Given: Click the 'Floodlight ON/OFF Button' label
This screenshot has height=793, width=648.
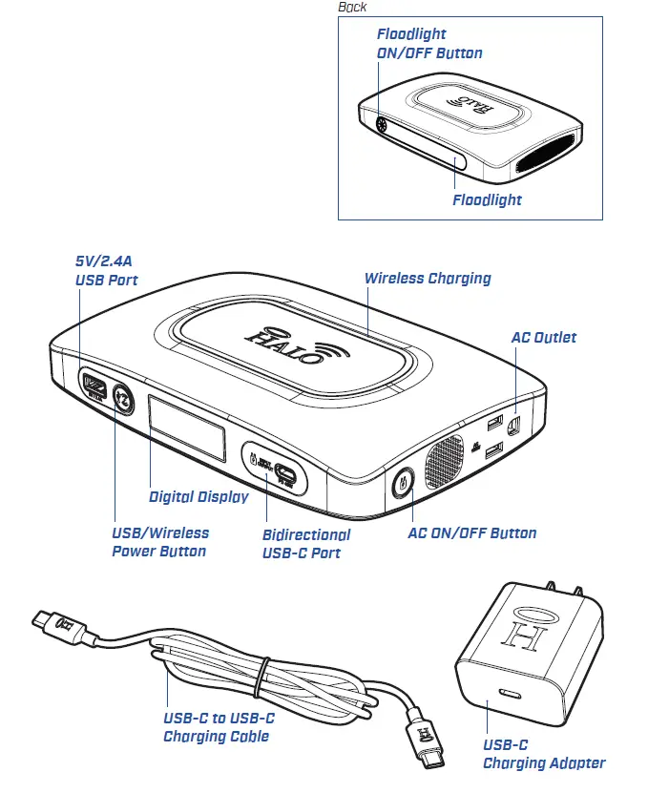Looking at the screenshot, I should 429,44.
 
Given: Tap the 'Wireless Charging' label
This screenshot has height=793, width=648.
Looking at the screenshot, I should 428,279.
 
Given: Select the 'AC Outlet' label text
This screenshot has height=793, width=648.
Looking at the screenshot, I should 543,337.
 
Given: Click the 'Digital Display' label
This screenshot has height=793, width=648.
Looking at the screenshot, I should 199,496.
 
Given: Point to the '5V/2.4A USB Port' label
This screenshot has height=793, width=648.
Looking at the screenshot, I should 107,270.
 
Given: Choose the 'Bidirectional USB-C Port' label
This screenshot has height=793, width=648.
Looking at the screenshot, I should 305,543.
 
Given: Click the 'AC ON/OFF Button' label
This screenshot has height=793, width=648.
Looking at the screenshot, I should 471,533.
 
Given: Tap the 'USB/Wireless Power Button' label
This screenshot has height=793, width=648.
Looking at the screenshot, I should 159,541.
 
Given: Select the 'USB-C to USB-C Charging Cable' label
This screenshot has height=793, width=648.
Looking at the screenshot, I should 219,726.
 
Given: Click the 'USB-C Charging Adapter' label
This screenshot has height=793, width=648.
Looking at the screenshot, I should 543,753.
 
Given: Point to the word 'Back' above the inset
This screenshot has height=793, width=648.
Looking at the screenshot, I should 352,8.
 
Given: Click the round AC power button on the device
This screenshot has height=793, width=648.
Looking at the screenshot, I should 403,481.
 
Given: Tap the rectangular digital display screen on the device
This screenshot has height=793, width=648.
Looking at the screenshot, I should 186,432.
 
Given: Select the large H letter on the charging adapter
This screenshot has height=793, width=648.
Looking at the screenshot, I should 523,636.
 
